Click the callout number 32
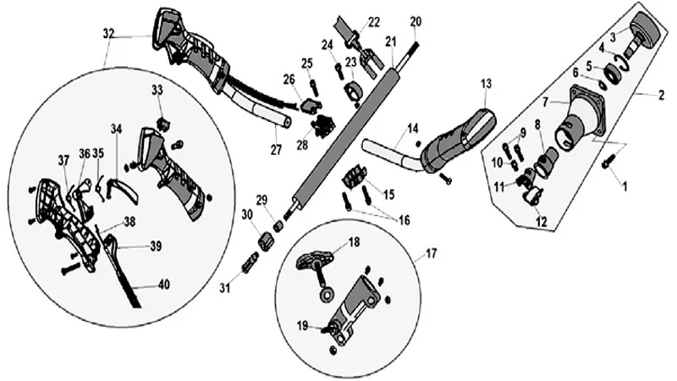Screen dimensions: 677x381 [x=109, y=33]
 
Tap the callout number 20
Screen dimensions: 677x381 [x=416, y=21]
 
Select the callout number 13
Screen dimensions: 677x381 [x=487, y=83]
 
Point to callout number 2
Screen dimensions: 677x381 [x=661, y=95]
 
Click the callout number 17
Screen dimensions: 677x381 [x=432, y=253]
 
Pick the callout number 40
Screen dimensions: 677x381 [x=164, y=284]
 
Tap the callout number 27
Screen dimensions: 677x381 [x=276, y=150]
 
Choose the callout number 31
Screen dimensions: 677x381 [x=224, y=287]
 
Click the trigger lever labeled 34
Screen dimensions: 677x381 [x=123, y=189]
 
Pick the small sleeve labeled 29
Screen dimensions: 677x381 [x=278, y=226]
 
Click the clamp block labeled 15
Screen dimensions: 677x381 [x=354, y=177]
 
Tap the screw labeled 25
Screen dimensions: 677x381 [x=314, y=88]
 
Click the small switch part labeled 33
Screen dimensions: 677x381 [x=163, y=124]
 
